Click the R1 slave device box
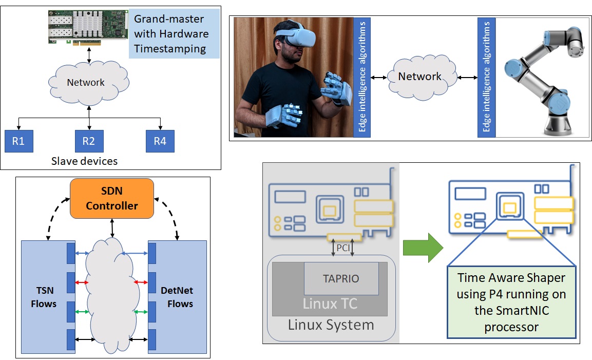19,141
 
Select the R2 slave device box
89,141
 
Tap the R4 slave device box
160,141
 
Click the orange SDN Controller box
112,199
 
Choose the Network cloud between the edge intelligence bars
419,77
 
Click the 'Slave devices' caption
84,161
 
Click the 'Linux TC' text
330,304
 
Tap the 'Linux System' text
331,325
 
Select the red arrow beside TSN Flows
82,282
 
